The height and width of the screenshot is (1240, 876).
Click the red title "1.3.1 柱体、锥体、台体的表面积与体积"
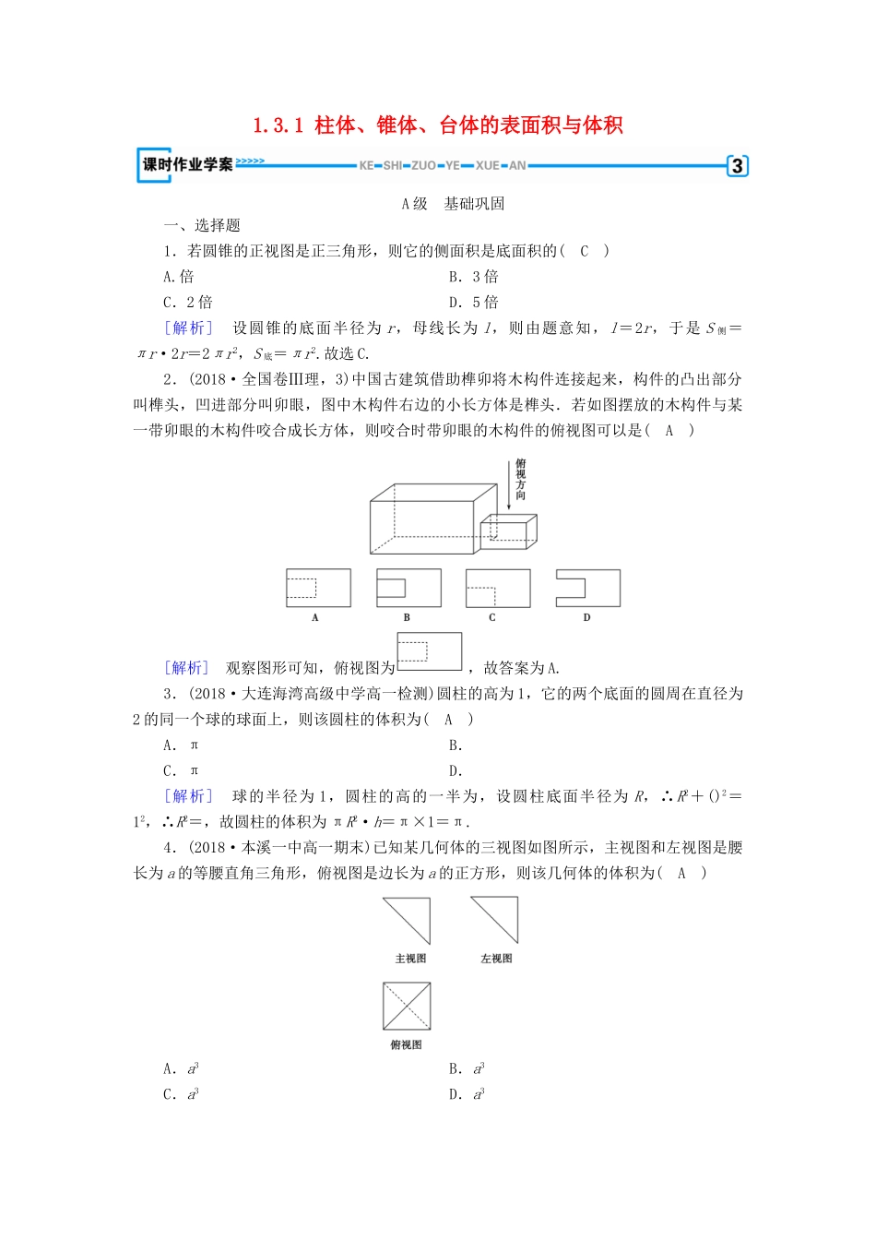(x=438, y=125)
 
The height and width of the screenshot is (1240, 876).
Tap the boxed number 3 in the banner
(x=737, y=166)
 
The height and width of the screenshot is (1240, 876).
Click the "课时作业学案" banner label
(x=187, y=164)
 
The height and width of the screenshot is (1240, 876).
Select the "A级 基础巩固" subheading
(x=453, y=204)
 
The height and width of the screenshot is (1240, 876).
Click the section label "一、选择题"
(x=202, y=225)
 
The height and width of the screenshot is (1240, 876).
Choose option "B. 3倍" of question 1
(x=473, y=277)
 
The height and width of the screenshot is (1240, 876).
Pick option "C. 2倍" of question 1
(x=187, y=303)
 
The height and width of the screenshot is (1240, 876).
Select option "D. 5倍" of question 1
(x=473, y=303)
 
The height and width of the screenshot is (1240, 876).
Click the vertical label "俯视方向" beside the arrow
(x=521, y=480)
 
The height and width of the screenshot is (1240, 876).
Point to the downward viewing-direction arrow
(x=508, y=485)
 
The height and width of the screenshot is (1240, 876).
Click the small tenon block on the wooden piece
(x=508, y=531)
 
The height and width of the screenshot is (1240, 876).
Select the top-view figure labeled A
(x=318, y=588)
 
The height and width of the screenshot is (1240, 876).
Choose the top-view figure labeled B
(x=408, y=588)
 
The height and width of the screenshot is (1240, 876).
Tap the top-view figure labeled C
(x=498, y=588)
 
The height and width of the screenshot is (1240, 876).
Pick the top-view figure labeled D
(x=587, y=588)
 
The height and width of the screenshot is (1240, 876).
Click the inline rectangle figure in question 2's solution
(x=429, y=651)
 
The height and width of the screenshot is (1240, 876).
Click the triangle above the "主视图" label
(x=407, y=920)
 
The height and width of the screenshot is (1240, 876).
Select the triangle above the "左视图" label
(x=495, y=920)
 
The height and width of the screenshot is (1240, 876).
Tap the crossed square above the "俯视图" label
(x=407, y=1006)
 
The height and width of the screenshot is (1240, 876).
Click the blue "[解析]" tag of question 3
(x=188, y=796)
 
